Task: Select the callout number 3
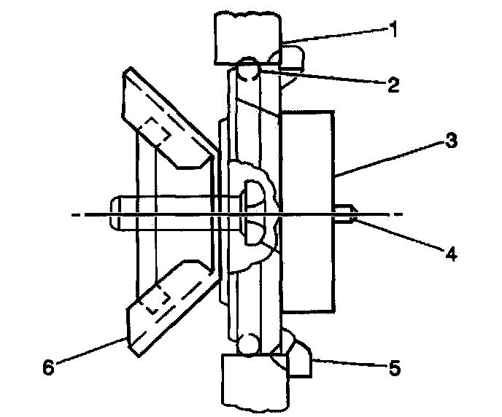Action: (x=452, y=141)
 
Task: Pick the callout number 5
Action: (x=393, y=368)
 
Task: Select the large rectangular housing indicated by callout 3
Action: (x=306, y=211)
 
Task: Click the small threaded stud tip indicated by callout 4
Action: (x=344, y=214)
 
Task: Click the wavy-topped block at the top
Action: (x=247, y=36)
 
